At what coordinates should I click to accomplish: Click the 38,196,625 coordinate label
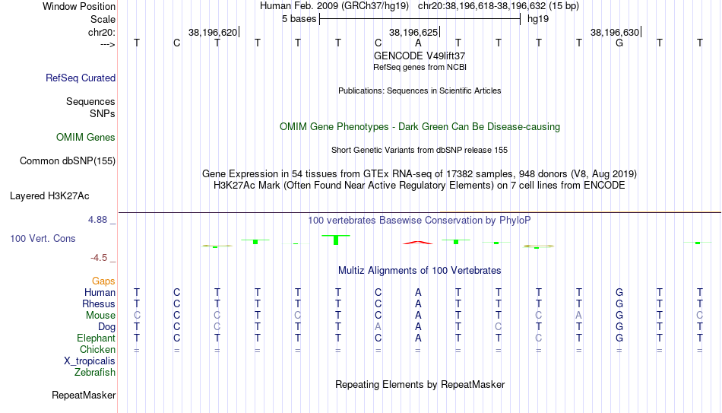413,32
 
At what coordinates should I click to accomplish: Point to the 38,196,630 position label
615,32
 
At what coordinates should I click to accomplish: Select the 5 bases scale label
299,19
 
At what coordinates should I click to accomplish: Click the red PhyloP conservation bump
418,242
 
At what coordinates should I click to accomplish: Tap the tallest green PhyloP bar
336,240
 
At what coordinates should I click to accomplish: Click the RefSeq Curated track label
81,78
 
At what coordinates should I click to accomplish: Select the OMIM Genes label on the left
86,138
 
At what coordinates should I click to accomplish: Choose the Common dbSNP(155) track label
68,161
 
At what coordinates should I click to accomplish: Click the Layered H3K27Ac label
49,196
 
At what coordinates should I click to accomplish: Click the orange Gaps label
103,281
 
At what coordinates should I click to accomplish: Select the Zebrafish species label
95,372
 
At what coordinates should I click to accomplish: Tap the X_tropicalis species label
90,361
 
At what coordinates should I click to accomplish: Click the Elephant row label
97,338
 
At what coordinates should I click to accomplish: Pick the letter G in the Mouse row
619,316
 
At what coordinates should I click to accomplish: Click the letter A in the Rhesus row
418,303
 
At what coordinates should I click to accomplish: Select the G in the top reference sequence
619,43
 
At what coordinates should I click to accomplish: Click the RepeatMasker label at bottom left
84,395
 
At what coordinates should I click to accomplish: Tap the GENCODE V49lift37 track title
420,56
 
